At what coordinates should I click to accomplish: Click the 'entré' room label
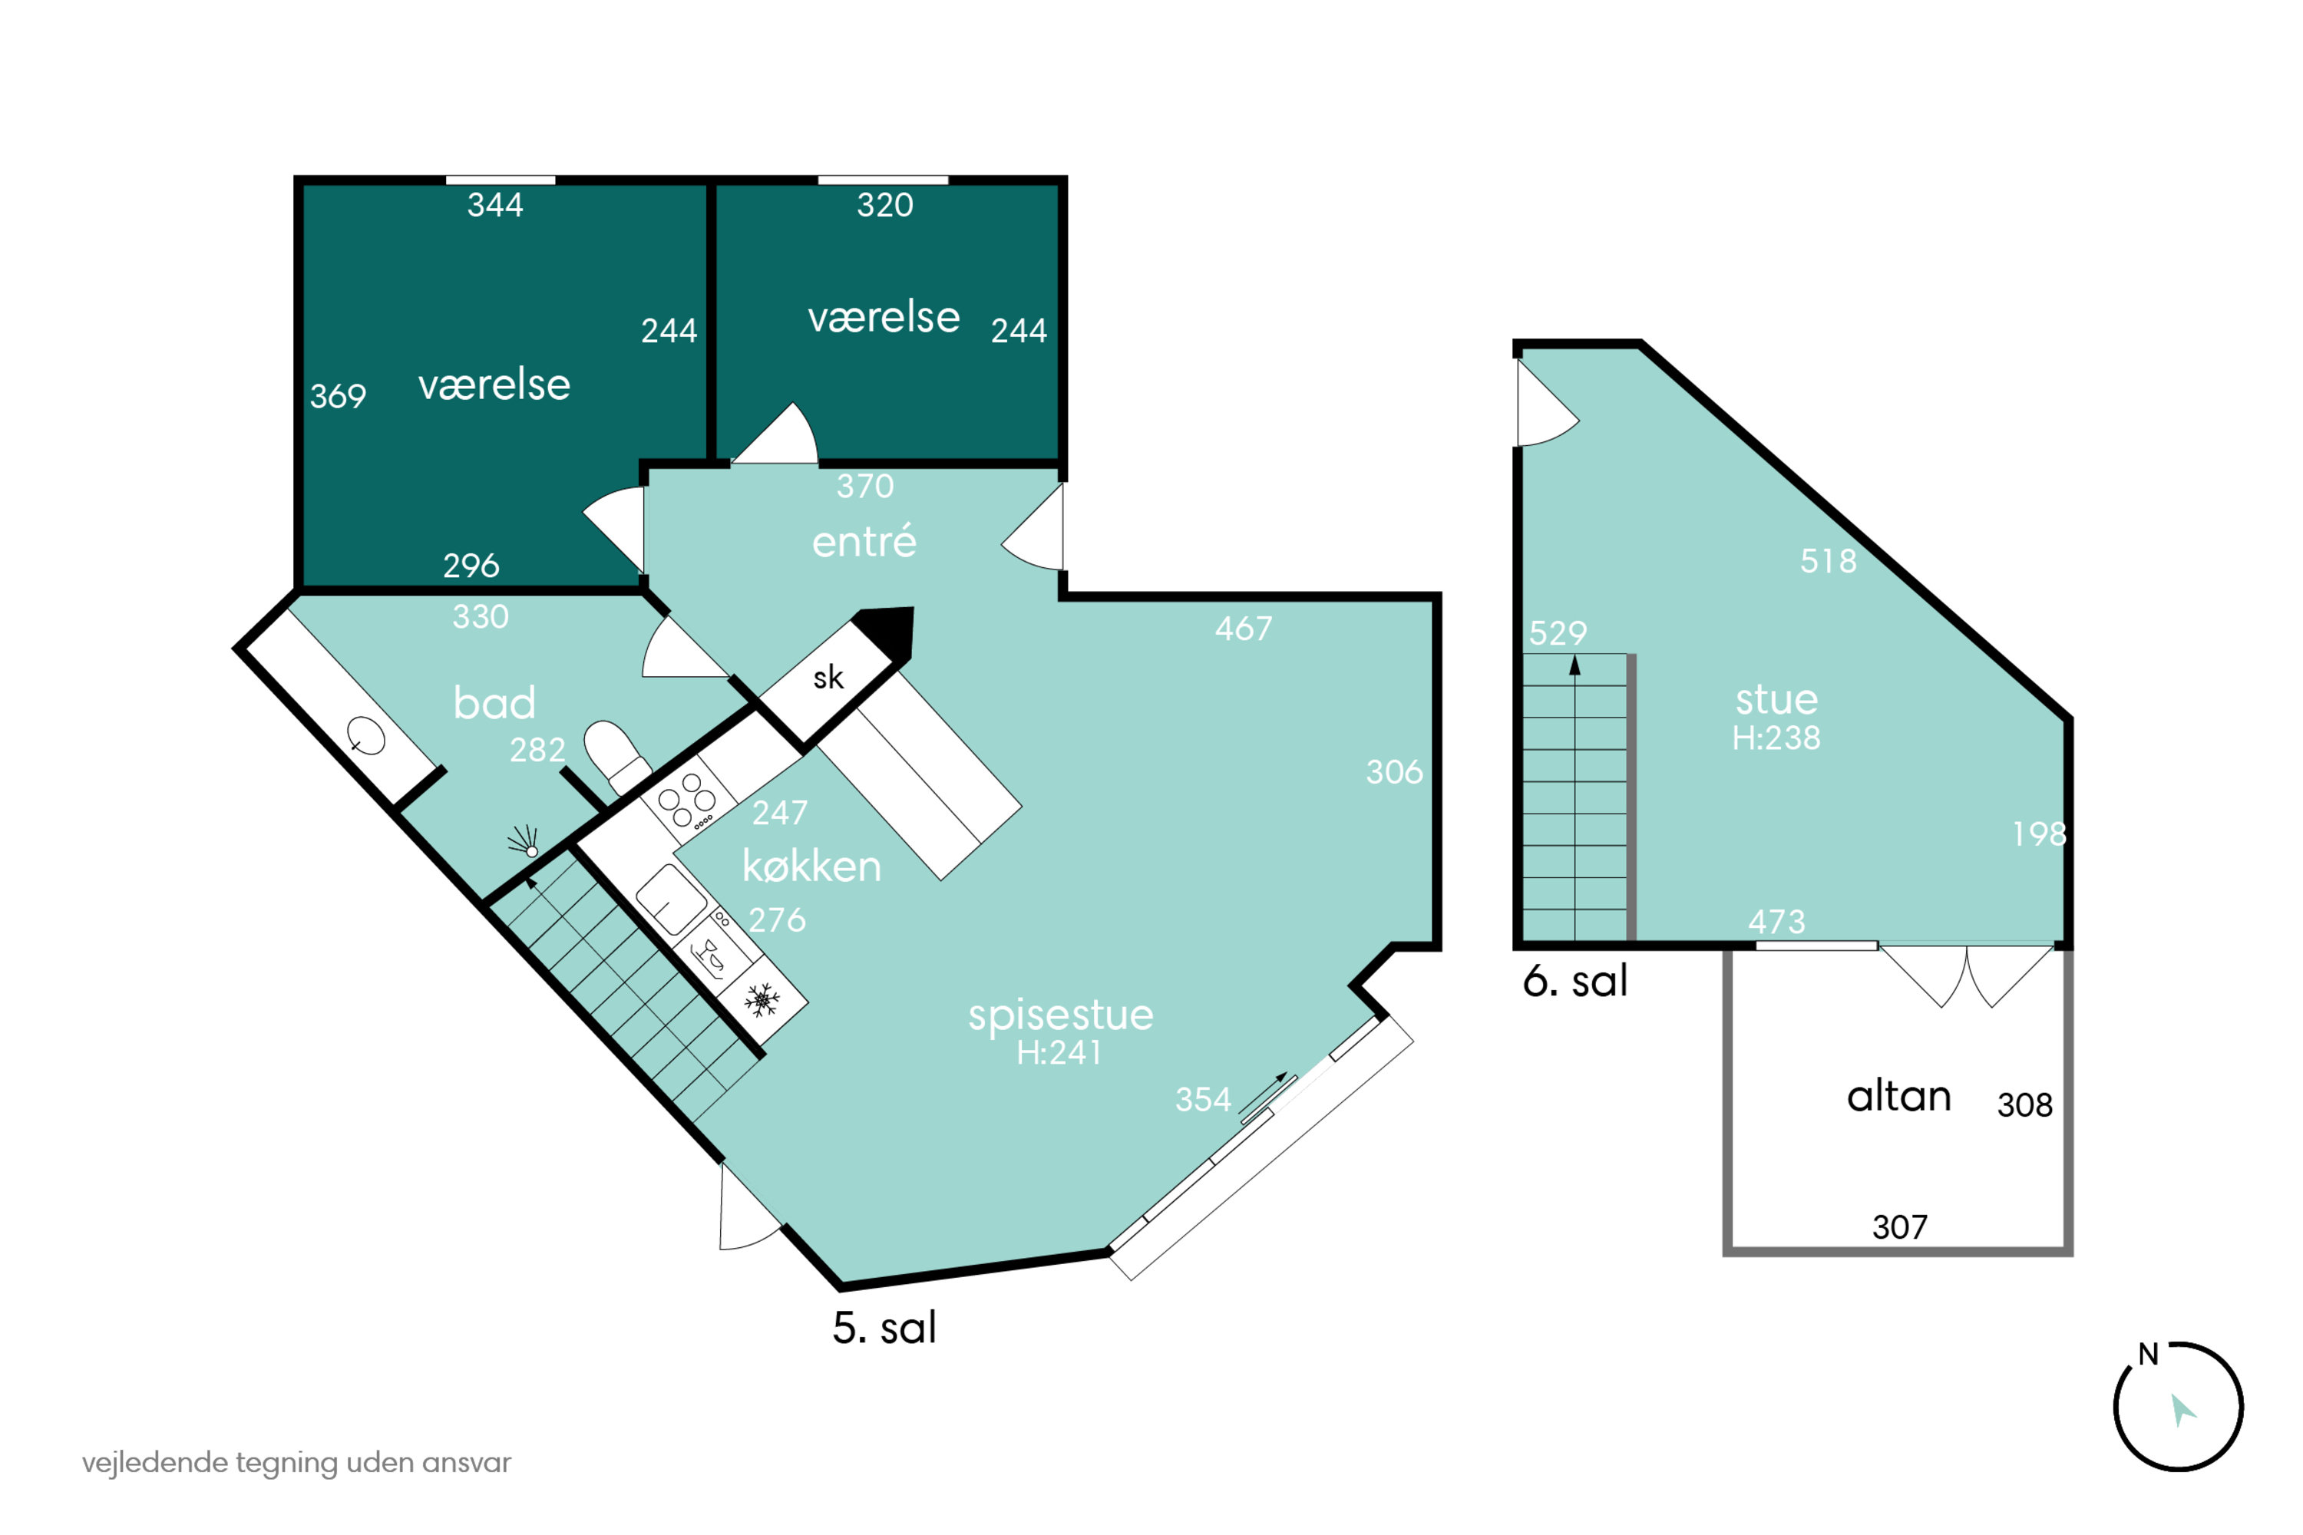pyautogui.click(x=864, y=541)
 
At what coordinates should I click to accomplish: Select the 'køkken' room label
pyautogui.click(x=811, y=867)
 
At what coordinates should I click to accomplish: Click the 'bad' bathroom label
pyautogui.click(x=494, y=703)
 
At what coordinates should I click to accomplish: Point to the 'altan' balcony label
pyautogui.click(x=1898, y=1097)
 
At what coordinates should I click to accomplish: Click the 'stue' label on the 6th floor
pyautogui.click(x=1776, y=700)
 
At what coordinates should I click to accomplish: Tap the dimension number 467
pyautogui.click(x=1244, y=629)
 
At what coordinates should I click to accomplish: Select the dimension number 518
pyautogui.click(x=1828, y=561)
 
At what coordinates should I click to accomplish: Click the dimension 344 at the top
pyautogui.click(x=495, y=205)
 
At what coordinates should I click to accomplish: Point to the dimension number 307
pyautogui.click(x=1899, y=1226)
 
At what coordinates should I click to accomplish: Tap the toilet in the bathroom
pyautogui.click(x=617, y=757)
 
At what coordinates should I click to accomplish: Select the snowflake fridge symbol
pyautogui.click(x=762, y=999)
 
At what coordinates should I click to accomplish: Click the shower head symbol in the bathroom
pyautogui.click(x=524, y=842)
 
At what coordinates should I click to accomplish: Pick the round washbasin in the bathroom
pyautogui.click(x=366, y=735)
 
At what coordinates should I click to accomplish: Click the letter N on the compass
pyautogui.click(x=2148, y=1354)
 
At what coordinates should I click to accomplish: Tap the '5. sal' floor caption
pyautogui.click(x=884, y=1328)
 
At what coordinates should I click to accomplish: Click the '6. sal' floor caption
pyautogui.click(x=1575, y=981)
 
